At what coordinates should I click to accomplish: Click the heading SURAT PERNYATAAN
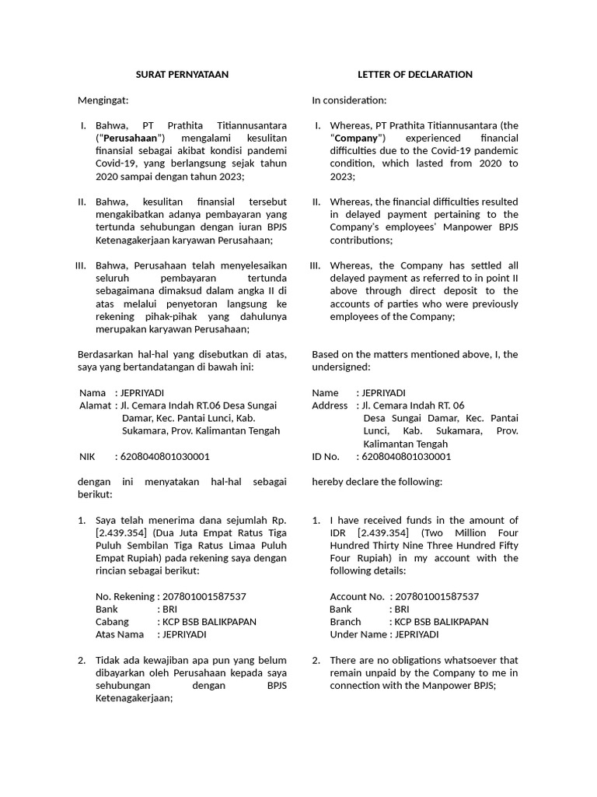click(183, 75)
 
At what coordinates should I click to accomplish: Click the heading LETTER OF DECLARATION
click(415, 75)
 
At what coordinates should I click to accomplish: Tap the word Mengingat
click(103, 100)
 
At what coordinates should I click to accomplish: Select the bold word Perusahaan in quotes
click(125, 139)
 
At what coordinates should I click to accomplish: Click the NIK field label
click(88, 457)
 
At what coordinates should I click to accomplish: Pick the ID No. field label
click(326, 457)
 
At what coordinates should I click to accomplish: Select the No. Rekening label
click(124, 596)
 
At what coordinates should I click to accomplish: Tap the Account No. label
click(357, 596)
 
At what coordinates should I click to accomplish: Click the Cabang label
click(112, 622)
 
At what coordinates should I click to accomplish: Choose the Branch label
click(345, 622)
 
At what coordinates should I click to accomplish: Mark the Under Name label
click(358, 634)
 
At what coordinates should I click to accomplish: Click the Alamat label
click(95, 406)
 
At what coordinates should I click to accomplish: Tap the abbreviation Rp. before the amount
click(278, 521)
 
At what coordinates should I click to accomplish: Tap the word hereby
click(326, 482)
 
